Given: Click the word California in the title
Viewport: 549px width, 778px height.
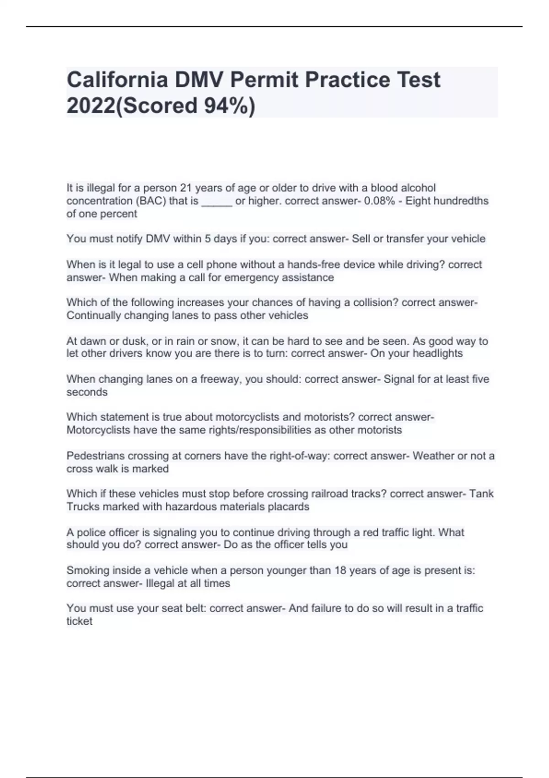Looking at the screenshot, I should [117, 80].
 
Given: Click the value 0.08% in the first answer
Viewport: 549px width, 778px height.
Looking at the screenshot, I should [379, 201].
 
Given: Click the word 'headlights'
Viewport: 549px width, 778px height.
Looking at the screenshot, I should [437, 354].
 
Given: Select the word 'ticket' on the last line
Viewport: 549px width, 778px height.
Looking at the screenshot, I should [79, 621].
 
